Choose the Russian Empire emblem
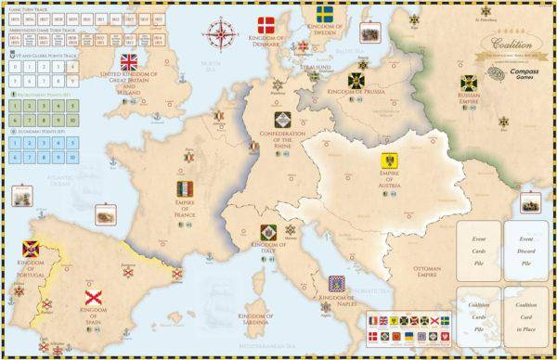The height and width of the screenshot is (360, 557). coord(470,84)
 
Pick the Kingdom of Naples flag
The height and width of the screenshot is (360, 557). coord(337,282)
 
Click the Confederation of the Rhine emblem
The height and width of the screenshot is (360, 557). coord(281,121)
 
